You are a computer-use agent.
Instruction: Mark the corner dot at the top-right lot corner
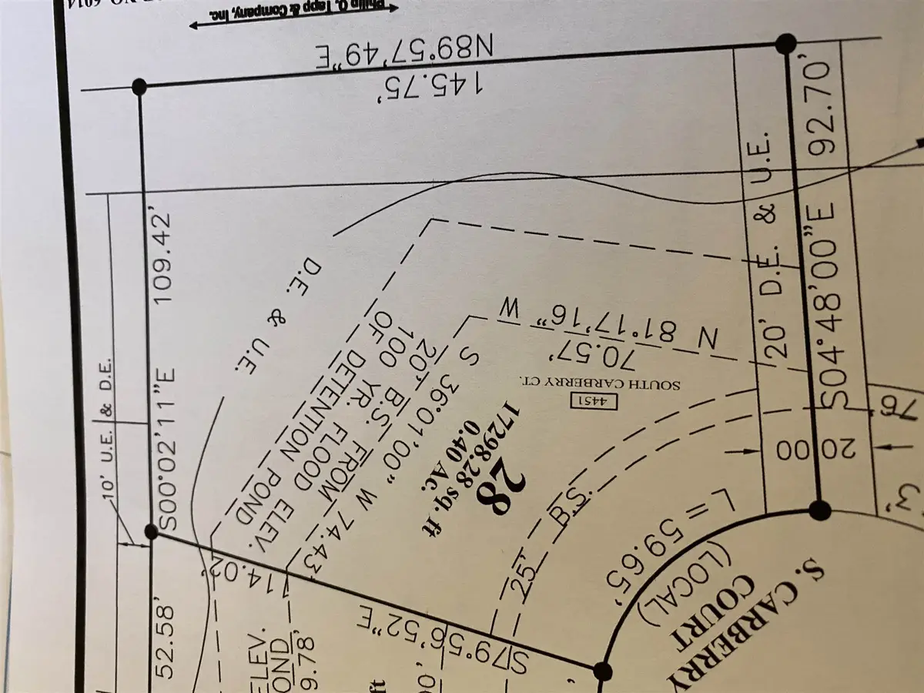[785, 44]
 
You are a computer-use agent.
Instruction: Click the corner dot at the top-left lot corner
[140, 86]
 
